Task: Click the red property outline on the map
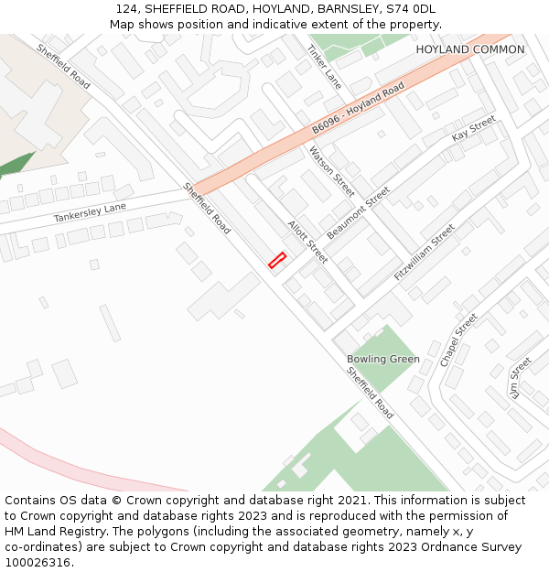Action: tap(277, 261)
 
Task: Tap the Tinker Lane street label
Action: tap(324, 67)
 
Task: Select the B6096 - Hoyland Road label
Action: tap(357, 108)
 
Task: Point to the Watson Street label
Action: tap(331, 171)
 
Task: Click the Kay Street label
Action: tap(473, 129)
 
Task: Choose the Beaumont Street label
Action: tap(359, 212)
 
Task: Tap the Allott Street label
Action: tap(307, 242)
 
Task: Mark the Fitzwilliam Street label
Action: tap(424, 253)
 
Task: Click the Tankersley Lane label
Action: tap(90, 213)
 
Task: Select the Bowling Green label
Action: tap(383, 359)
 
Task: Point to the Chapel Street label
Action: tap(458, 340)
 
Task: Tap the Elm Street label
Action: tap(518, 377)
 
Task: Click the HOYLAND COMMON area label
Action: tap(470, 49)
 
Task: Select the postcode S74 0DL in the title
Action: tap(411, 9)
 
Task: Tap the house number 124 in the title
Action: tap(126, 9)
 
